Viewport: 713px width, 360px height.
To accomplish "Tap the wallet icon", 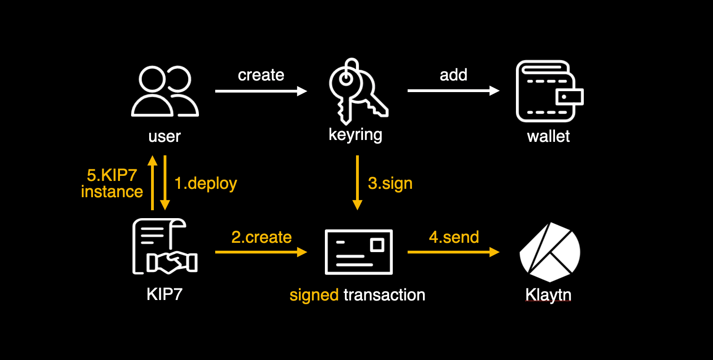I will point(549,92).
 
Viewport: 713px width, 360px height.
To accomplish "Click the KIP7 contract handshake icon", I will point(165,247).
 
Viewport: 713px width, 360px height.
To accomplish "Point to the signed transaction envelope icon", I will point(358,252).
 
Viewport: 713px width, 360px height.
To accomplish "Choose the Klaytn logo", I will point(549,252).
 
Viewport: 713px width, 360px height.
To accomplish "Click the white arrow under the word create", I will point(261,91).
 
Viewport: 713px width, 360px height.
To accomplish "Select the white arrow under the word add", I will point(453,91).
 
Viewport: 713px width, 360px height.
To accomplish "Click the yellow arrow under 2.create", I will point(261,252).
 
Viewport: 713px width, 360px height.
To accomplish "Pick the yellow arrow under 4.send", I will point(453,252).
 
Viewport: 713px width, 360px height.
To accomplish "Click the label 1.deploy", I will point(205,183).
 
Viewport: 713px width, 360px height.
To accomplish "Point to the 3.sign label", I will point(390,183).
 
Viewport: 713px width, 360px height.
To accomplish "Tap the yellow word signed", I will point(314,295).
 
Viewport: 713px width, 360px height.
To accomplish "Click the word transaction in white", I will point(384,294).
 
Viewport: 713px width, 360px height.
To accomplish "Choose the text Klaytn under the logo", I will point(548,295).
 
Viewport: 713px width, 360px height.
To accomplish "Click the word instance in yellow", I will point(112,192).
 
